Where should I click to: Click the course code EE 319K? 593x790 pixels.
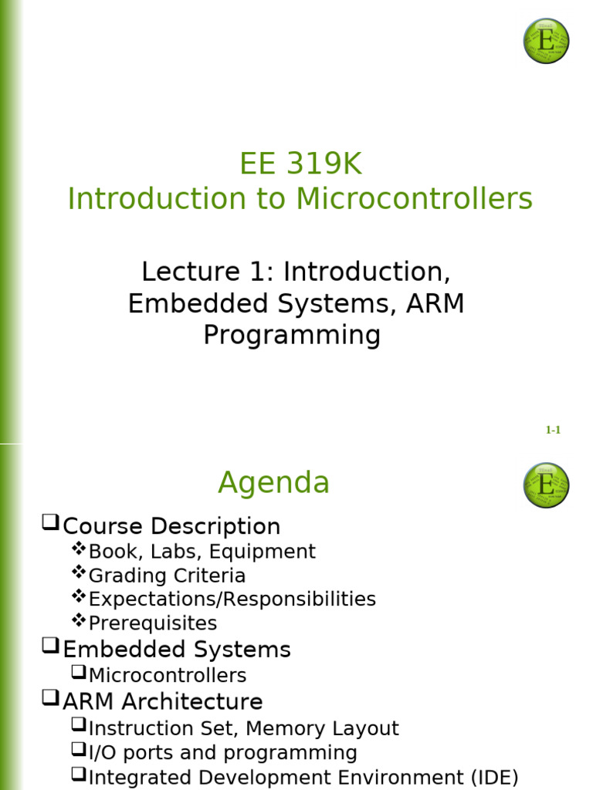tap(300, 164)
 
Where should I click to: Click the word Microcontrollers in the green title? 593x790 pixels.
tap(414, 199)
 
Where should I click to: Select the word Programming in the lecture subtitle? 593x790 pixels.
tap(292, 336)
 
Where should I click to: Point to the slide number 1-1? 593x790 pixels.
tap(553, 430)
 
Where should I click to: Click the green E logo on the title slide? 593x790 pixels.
tap(546, 41)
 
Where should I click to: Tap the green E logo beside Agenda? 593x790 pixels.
tap(546, 485)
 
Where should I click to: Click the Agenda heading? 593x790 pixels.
tap(273, 483)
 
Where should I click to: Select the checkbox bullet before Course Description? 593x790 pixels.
tap(50, 525)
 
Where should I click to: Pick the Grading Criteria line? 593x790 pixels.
tap(167, 576)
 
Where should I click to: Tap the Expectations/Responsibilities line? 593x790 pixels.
tap(232, 599)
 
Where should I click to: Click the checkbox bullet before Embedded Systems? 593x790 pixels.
tap(50, 647)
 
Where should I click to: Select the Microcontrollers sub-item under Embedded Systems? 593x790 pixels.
tap(167, 676)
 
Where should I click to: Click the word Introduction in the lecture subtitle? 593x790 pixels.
tap(366, 272)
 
